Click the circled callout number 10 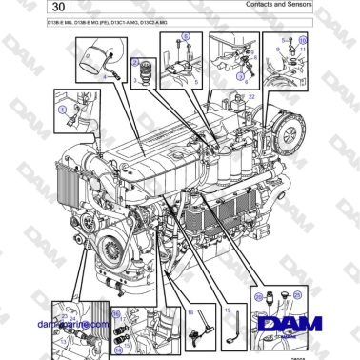tap(304, 42)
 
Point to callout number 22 tap(251, 97)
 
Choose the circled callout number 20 tap(257, 298)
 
